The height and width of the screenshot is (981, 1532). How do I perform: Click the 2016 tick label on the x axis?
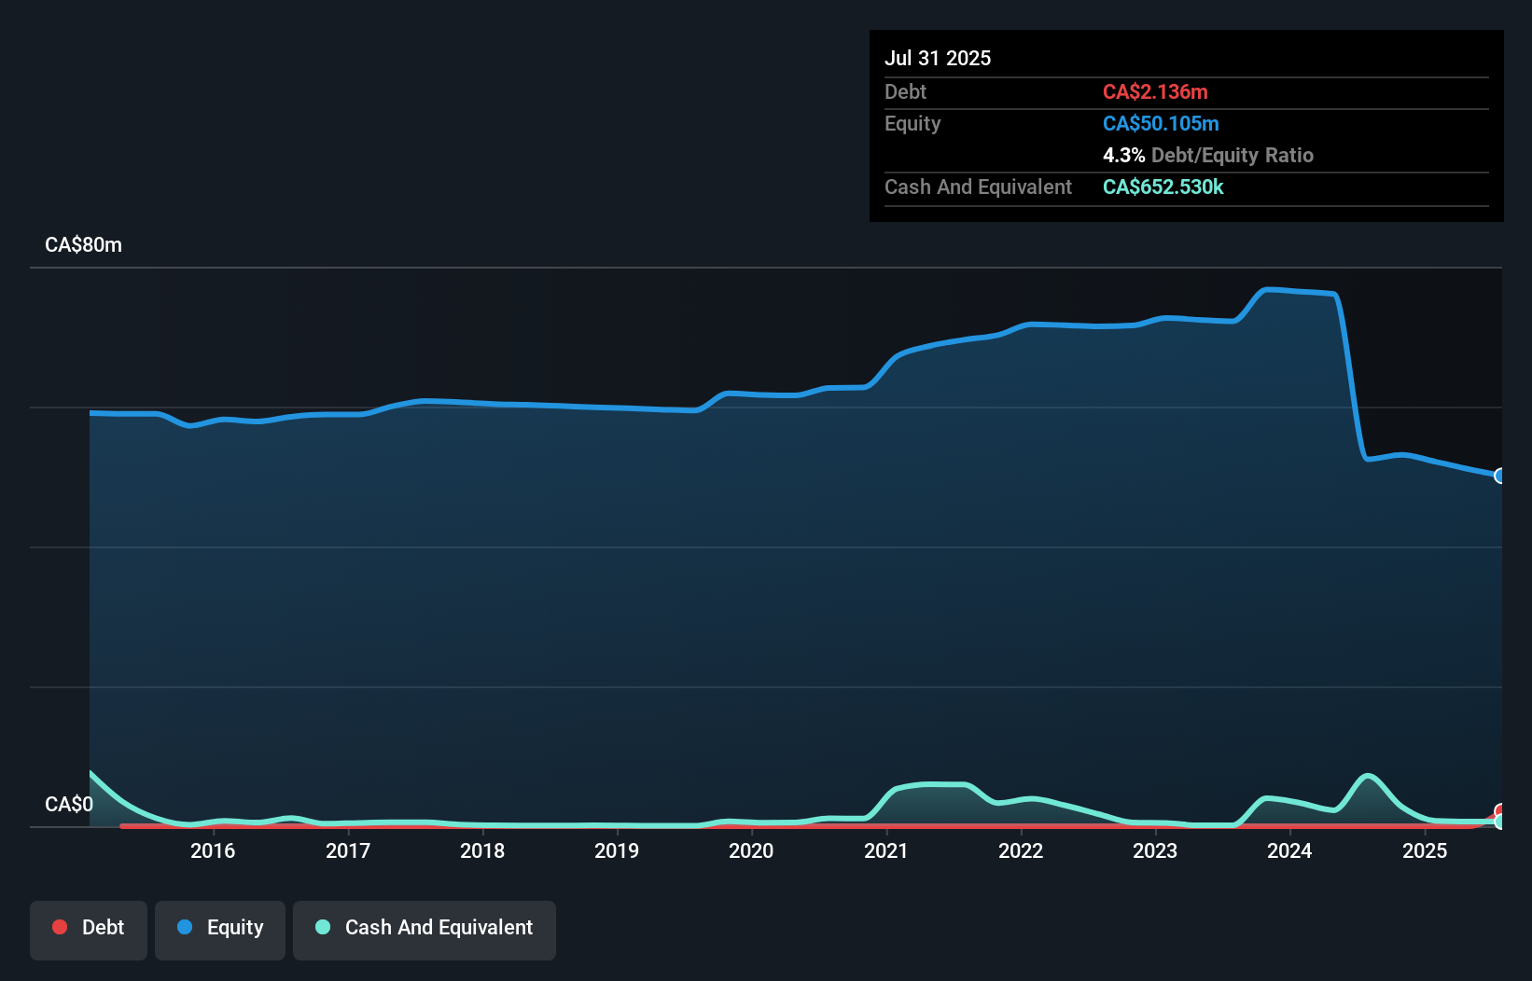(x=213, y=850)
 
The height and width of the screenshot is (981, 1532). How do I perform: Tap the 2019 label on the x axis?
(x=617, y=850)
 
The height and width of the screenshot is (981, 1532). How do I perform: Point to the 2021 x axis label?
(x=885, y=850)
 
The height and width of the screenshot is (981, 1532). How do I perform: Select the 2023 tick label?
(x=1155, y=850)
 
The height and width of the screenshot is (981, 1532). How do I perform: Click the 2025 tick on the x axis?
(x=1425, y=850)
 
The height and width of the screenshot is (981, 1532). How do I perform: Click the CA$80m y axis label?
(x=83, y=245)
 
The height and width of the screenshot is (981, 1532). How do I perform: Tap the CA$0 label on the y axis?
(x=69, y=804)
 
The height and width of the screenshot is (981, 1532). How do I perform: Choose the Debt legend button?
(x=89, y=928)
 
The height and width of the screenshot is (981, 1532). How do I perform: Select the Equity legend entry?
(x=220, y=928)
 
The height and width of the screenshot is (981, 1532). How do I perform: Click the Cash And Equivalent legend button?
(x=425, y=928)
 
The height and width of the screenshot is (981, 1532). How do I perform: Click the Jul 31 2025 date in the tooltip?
(x=938, y=58)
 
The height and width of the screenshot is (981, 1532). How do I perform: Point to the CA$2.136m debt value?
(x=1155, y=91)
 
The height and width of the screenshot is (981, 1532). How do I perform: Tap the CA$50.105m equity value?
(x=1161, y=123)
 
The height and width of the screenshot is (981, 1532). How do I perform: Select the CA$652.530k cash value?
(x=1163, y=187)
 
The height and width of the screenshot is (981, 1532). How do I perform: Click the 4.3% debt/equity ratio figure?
(x=1123, y=155)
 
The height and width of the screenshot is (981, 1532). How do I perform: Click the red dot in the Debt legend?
(x=60, y=927)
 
